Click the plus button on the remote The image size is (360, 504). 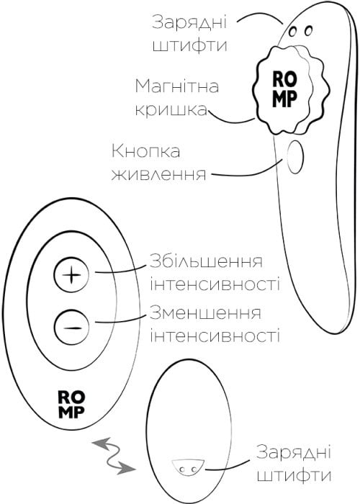coord(71,275)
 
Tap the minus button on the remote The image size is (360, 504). coord(71,327)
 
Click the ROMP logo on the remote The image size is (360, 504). coord(72,404)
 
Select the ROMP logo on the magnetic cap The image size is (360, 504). coord(284,89)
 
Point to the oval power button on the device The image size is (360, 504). coord(295,156)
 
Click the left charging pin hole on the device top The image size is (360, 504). coord(293,32)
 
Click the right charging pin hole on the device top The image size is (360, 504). coord(308,30)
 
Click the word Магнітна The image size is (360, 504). coord(177,86)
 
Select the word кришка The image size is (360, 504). coord(171,109)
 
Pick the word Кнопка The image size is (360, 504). coord(145,150)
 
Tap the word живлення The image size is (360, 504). coord(158,174)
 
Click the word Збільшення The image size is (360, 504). coord(206,261)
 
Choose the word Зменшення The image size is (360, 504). coord(205,313)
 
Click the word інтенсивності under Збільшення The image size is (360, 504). coord(215,284)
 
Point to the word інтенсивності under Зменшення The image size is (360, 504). coord(215,336)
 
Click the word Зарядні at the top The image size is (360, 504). coord(189,23)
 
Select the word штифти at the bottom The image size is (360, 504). coord(294,475)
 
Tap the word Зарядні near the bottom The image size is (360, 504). coord(294,452)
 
